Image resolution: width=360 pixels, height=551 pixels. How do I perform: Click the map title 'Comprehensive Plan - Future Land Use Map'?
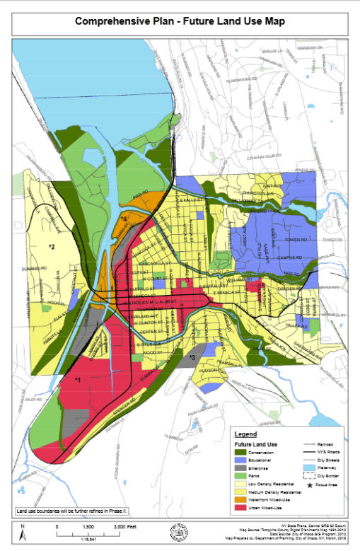point(180,21)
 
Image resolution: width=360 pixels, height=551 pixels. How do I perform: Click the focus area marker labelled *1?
point(78,381)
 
